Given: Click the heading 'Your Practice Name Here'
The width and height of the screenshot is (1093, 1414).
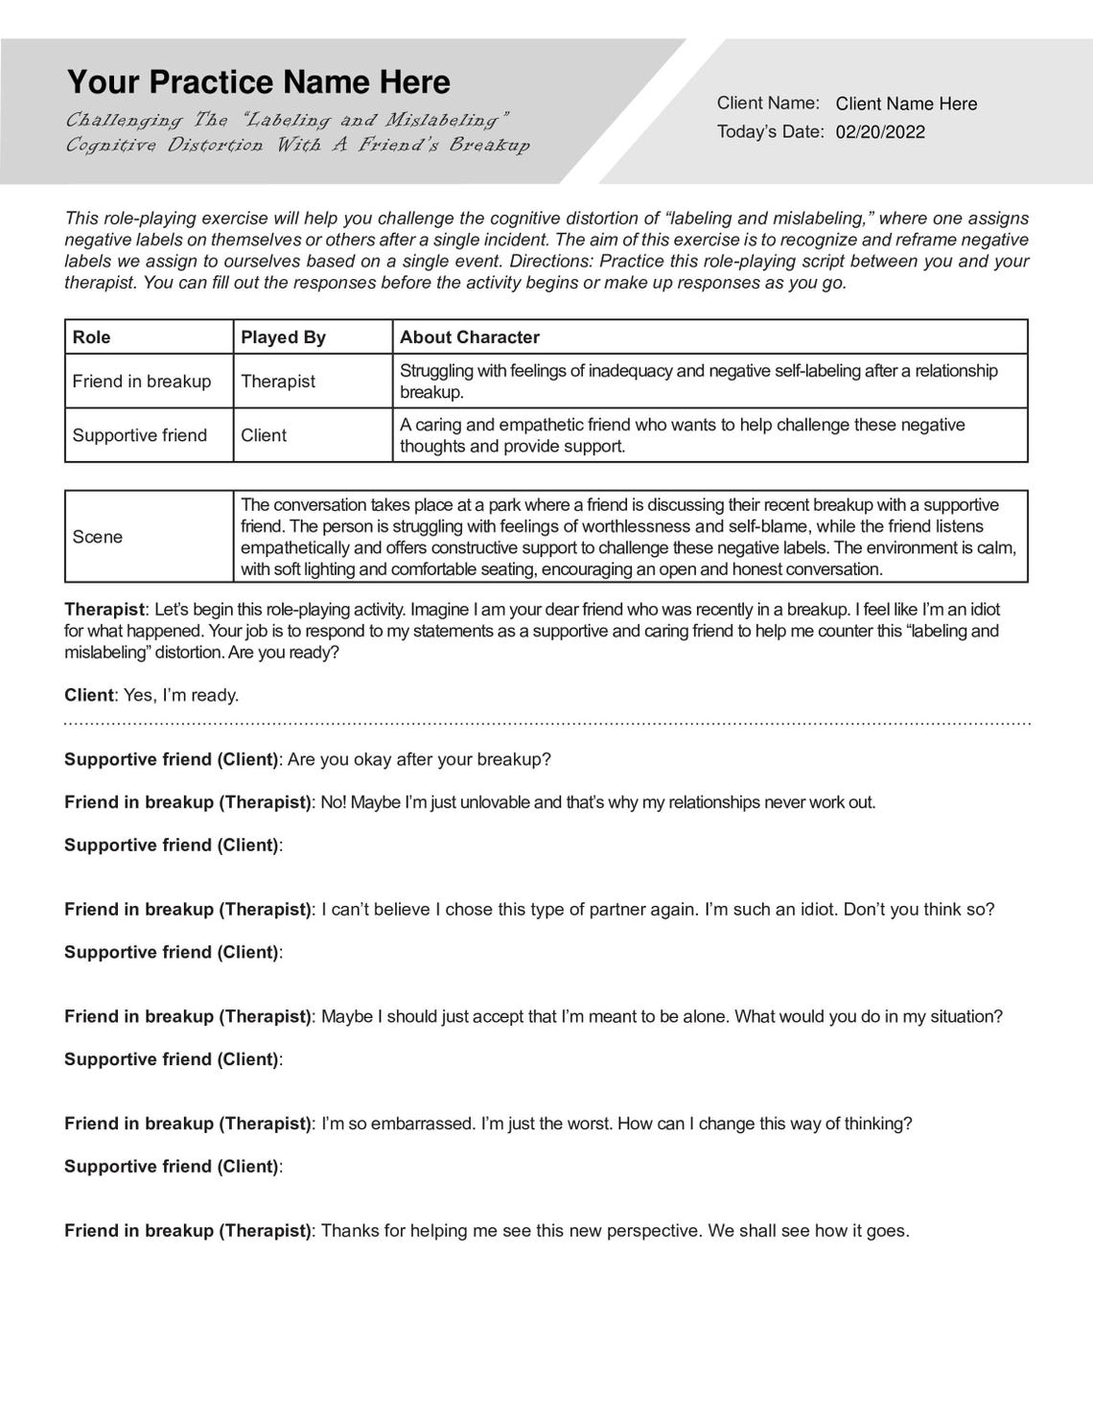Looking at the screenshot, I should [258, 82].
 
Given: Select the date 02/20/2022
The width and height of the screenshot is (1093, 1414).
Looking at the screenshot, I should [880, 132].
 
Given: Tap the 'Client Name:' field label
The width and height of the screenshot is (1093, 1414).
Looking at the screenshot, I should [768, 104].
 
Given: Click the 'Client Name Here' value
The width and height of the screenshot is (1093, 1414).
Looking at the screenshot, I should [906, 104].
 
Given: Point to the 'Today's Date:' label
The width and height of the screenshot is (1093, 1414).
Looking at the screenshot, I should [771, 132].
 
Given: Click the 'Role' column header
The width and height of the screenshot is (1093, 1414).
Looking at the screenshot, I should [92, 337].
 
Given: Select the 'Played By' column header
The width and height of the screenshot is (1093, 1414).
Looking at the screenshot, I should [283, 337].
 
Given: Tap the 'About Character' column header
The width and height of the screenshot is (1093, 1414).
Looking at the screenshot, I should [469, 337].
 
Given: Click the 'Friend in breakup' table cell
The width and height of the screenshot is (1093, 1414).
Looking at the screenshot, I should [142, 382].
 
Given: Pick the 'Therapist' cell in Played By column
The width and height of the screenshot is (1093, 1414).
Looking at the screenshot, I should [278, 382].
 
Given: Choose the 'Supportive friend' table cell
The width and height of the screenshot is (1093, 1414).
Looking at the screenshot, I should [140, 435].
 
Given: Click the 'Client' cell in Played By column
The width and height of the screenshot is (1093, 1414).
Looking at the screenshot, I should [264, 435].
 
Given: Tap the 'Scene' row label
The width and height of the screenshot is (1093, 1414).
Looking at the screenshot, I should [98, 537].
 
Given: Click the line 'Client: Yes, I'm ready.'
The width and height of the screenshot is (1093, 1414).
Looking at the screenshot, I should [151, 695].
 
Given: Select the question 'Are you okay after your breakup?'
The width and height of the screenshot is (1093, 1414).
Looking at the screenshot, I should [419, 759].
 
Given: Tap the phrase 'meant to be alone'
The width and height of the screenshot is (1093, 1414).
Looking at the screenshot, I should [624, 1016].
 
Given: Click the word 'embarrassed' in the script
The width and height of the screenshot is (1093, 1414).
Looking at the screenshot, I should [425, 1124].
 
